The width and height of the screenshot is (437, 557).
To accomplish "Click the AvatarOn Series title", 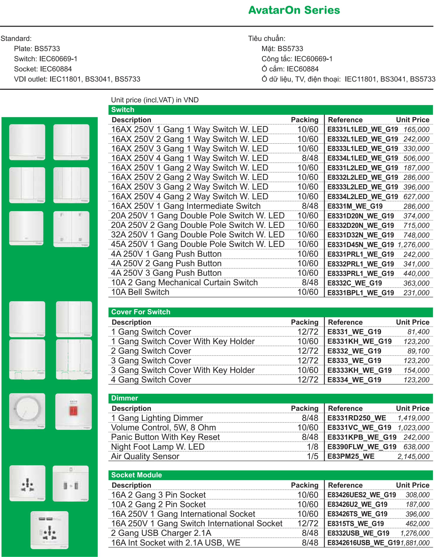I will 294,10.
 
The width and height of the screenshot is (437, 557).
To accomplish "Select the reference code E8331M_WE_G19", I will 355,206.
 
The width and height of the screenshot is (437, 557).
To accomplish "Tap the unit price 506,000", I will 416,158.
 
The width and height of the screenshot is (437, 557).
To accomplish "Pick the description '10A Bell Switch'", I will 140,292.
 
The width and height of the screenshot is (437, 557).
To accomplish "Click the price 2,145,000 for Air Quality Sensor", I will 413,456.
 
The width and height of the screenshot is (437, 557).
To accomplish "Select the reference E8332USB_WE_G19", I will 358,533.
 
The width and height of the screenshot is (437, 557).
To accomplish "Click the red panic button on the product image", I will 73,411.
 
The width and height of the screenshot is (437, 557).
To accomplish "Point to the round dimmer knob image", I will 27,411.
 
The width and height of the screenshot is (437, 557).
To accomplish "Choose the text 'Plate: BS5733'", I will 37,49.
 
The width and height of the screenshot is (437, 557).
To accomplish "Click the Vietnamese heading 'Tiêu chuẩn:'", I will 267,39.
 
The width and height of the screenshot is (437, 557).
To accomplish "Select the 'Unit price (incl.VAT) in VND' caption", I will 155,100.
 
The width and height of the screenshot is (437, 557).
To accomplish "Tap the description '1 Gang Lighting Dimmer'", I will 157,418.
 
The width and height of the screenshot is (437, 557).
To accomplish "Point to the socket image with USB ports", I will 49,530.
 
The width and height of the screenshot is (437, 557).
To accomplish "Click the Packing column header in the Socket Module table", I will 304,485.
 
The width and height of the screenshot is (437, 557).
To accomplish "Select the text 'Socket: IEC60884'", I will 43,69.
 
